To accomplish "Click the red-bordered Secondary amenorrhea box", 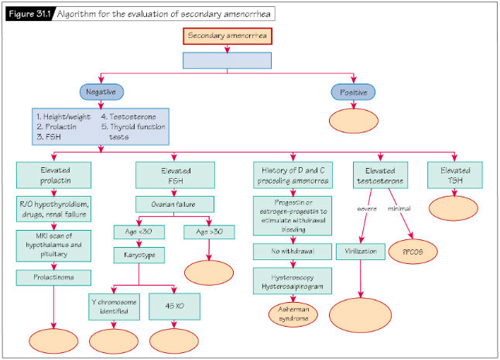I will coord(227,36).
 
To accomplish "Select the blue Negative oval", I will coord(100,91).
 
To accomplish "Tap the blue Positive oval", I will coord(354,91).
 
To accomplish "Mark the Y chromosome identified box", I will coord(114,307).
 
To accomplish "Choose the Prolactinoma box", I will coord(52,276).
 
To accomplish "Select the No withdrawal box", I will coord(289,252).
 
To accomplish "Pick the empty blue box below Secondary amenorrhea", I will coord(227,60).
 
